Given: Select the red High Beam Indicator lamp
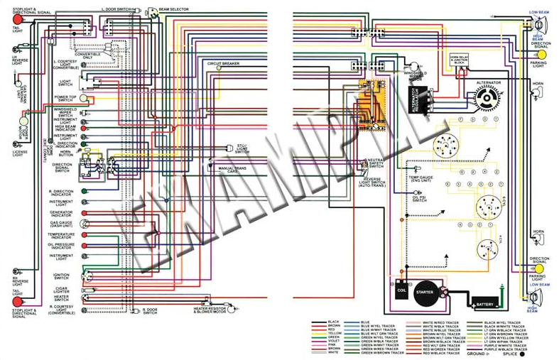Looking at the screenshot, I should coord(84,127).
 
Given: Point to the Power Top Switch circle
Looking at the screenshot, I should coord(83,98).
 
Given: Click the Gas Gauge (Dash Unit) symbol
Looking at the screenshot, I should coord(84,223).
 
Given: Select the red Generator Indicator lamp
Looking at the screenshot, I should coord(84,212).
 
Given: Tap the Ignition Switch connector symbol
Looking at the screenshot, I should coord(87,275).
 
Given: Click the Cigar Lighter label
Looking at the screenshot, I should coord(61,290).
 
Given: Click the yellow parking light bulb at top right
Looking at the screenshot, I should coord(541,55).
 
